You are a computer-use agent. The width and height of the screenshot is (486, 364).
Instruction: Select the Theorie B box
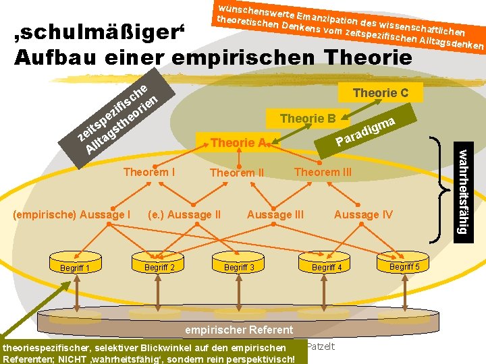click(308, 119)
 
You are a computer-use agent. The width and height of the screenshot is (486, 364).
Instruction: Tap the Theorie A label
click(237, 143)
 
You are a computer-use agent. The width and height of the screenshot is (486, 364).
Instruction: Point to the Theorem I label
click(150, 172)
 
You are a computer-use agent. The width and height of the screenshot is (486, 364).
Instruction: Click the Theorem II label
click(237, 173)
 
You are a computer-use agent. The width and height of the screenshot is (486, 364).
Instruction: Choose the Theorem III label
click(323, 172)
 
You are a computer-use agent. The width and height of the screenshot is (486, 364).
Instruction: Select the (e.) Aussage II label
click(184, 214)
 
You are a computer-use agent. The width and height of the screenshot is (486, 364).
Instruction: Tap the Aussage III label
click(275, 214)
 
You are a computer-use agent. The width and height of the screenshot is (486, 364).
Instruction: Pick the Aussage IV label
click(363, 214)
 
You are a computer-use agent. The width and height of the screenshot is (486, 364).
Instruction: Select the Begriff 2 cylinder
click(159, 266)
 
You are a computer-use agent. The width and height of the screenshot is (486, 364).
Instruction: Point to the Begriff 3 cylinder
click(240, 267)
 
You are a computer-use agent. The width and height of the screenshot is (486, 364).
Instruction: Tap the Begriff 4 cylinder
click(327, 267)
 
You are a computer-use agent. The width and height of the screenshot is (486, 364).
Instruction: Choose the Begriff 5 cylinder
click(405, 266)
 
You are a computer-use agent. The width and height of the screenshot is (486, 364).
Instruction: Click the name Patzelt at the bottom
click(323, 346)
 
